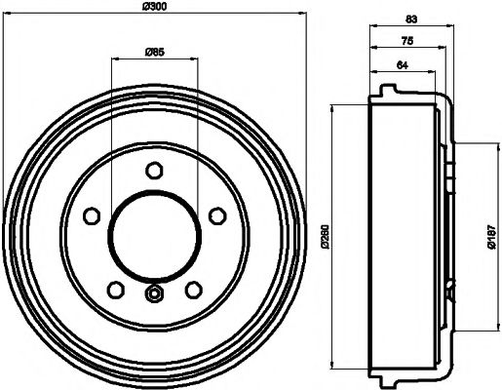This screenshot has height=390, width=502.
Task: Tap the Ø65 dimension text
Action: (x=153, y=51)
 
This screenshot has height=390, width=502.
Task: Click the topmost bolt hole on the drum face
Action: (x=154, y=171)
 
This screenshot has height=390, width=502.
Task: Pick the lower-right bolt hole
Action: (x=192, y=288)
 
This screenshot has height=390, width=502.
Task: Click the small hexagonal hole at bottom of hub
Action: (x=154, y=293)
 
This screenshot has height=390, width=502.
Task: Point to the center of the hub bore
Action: (x=154, y=236)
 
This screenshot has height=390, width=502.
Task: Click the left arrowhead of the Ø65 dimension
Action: (x=115, y=58)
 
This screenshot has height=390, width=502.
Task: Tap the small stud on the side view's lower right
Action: (x=451, y=289)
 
